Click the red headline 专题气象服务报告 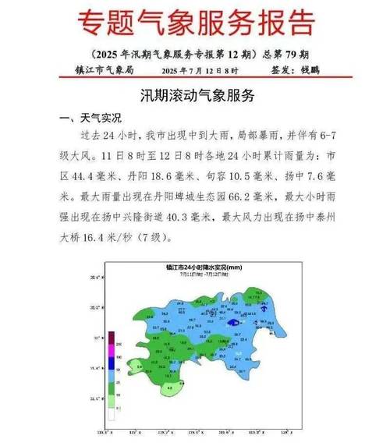[x=194, y=23]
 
